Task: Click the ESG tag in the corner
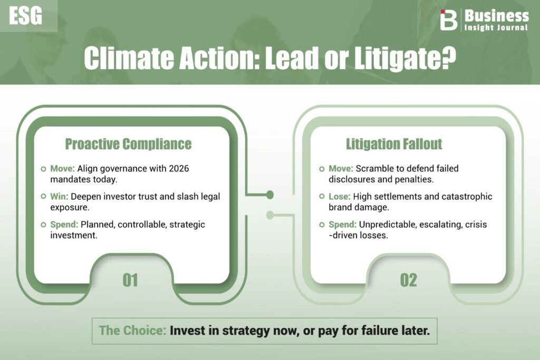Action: (x=25, y=16)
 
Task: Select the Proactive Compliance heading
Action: (x=128, y=144)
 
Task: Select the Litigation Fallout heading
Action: (x=394, y=144)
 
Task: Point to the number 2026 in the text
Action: (x=178, y=168)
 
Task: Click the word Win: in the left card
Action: (x=59, y=196)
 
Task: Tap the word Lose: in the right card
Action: (x=340, y=196)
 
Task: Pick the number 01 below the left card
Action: (x=130, y=280)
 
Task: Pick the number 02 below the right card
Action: (x=409, y=280)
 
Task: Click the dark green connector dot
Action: (x=270, y=195)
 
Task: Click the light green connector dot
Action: (x=270, y=215)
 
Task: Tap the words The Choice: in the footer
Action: (x=132, y=330)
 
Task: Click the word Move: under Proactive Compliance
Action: (x=62, y=168)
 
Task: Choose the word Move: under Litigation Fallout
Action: (x=341, y=168)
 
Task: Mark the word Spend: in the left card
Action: (x=64, y=225)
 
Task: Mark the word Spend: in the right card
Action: (x=343, y=225)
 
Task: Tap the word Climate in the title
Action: (x=128, y=58)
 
